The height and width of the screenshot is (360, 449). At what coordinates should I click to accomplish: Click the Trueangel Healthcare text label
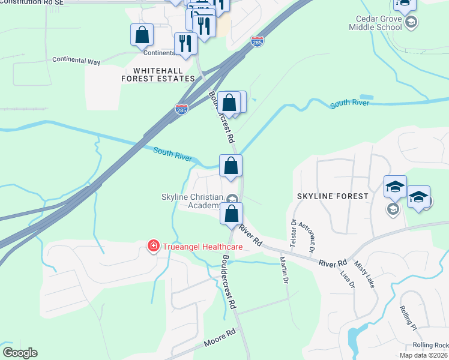tap(201, 247)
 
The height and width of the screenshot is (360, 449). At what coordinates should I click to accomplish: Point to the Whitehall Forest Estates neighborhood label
tap(158, 74)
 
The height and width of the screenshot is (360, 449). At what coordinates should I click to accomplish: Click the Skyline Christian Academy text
tap(191, 201)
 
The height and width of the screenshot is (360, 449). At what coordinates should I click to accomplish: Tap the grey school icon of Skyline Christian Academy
tap(232, 199)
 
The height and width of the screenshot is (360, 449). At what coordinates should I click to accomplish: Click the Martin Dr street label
tap(285, 270)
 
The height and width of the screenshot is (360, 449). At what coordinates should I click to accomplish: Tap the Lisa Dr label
tap(348, 278)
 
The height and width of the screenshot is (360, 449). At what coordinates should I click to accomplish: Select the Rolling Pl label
tap(408, 319)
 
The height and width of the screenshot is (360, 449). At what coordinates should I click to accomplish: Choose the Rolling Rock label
tap(430, 345)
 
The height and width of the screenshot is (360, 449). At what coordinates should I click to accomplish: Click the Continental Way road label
tap(76, 59)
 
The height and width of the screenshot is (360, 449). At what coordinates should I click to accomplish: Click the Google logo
tap(20, 353)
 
